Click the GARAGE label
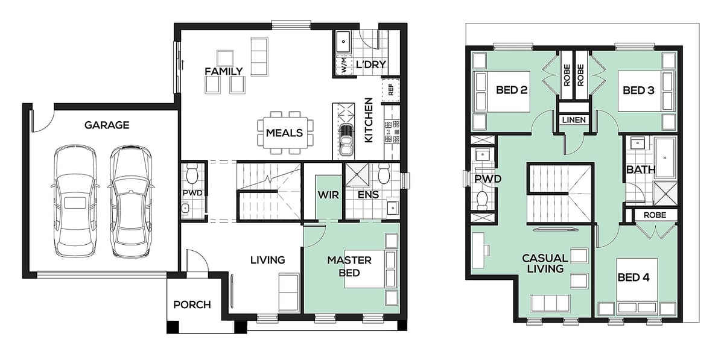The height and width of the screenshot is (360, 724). click(x=107, y=125)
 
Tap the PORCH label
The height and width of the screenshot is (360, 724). click(x=192, y=305)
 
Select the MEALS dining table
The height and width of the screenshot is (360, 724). click(x=285, y=133)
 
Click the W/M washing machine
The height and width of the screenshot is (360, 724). click(x=343, y=66)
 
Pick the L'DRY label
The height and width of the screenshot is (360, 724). click(x=371, y=65)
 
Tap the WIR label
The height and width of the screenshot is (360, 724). click(x=328, y=195)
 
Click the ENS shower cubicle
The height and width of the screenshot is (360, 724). click(x=357, y=175)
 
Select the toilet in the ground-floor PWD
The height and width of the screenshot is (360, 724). click(x=192, y=174)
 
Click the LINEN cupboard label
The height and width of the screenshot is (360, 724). click(x=574, y=120)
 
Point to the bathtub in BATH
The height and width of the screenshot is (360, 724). click(x=665, y=157)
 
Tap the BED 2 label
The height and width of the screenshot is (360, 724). click(x=512, y=90)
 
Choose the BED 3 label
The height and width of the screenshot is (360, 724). click(x=639, y=90)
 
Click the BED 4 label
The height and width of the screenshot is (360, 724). click(x=634, y=277)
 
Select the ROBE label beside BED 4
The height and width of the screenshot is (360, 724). click(x=655, y=215)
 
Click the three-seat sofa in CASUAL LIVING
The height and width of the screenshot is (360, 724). click(x=550, y=303)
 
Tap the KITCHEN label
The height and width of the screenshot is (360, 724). click(x=369, y=120)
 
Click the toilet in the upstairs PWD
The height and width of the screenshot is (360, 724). click(x=482, y=200)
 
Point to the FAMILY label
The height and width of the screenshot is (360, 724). click(x=224, y=71)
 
